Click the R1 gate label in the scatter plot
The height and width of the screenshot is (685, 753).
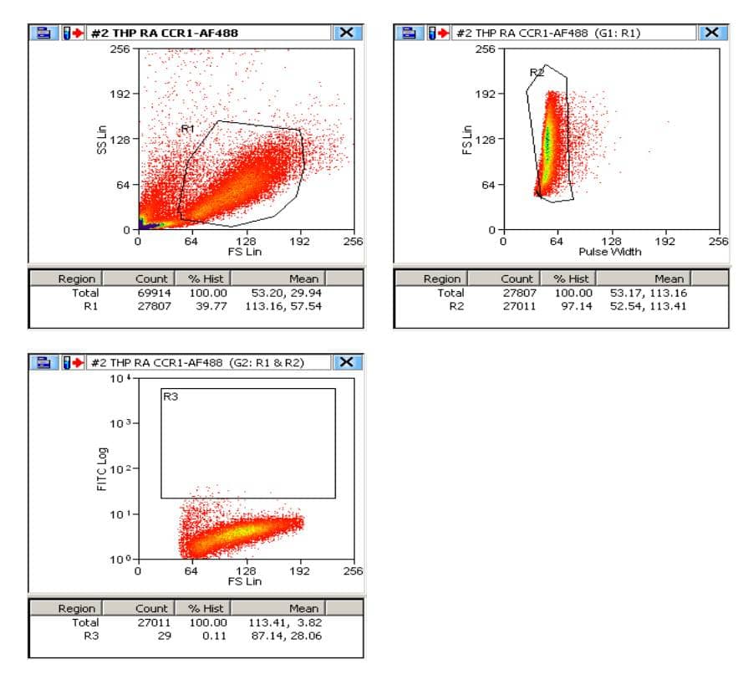tap(187, 129)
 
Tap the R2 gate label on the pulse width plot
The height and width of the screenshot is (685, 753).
tap(537, 74)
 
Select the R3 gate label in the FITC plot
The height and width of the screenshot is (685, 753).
tap(170, 397)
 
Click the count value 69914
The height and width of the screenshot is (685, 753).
tap(154, 293)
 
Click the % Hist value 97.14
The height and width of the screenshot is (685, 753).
tap(572, 306)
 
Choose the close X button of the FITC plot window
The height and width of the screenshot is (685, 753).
tap(347, 362)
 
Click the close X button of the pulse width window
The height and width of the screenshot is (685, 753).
tap(711, 33)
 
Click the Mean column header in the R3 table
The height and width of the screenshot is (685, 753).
tap(303, 608)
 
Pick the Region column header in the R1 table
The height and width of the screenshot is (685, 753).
tap(77, 279)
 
